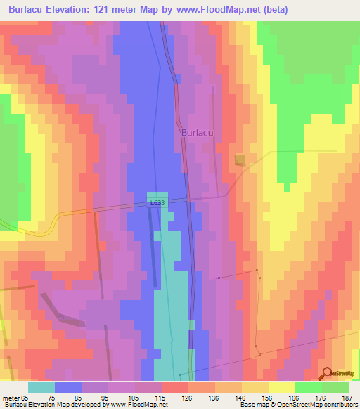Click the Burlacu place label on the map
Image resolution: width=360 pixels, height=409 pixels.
pyautogui.click(x=197, y=131)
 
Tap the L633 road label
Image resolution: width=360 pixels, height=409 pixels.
pyautogui.click(x=157, y=203)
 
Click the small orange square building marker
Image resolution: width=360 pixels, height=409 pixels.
pyautogui.click(x=240, y=160)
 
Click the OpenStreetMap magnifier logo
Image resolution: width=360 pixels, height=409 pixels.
pyautogui.click(x=328, y=373)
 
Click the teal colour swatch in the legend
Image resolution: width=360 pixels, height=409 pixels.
pyautogui.click(x=41, y=387)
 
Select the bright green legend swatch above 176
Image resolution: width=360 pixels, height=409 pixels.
pyautogui.click(x=308, y=387)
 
